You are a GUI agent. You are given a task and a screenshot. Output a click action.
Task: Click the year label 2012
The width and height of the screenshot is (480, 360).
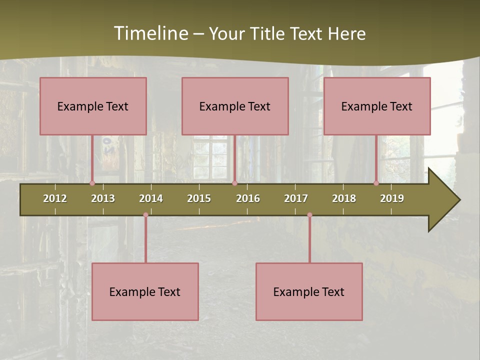[55, 198]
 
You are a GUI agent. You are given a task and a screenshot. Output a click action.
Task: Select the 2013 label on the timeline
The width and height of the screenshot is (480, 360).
[103, 198]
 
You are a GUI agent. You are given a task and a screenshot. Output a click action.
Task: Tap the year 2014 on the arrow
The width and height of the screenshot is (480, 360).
[151, 198]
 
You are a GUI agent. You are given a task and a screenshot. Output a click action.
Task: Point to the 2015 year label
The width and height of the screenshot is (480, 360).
[199, 198]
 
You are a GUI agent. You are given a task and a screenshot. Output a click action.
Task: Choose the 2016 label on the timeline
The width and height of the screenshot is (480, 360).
[248, 198]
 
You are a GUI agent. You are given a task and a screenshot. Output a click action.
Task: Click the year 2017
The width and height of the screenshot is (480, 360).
[296, 198]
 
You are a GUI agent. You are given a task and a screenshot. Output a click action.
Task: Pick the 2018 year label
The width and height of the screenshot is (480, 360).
[344, 198]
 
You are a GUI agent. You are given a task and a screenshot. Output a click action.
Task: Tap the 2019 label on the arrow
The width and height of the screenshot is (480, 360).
[392, 198]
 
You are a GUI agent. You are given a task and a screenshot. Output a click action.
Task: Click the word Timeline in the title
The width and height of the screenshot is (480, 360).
[150, 33]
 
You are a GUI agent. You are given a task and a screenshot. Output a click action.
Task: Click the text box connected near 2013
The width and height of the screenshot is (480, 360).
[93, 106]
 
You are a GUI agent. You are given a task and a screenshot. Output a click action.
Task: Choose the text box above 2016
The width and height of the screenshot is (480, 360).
[235, 106]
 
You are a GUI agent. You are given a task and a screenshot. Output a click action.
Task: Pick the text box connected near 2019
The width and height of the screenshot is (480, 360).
[377, 106]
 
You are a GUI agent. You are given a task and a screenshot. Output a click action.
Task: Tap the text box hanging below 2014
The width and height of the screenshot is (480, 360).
[145, 291]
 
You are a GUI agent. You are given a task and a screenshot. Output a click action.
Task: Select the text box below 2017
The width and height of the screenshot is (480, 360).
[309, 291]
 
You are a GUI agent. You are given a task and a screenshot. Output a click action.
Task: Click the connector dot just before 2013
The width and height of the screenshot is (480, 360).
[92, 183]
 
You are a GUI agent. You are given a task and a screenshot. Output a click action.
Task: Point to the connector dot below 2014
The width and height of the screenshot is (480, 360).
[145, 215]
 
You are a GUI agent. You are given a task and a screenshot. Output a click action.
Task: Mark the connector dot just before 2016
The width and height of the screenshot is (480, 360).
[234, 183]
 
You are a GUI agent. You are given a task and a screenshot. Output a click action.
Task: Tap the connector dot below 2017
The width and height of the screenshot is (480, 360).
[309, 215]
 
